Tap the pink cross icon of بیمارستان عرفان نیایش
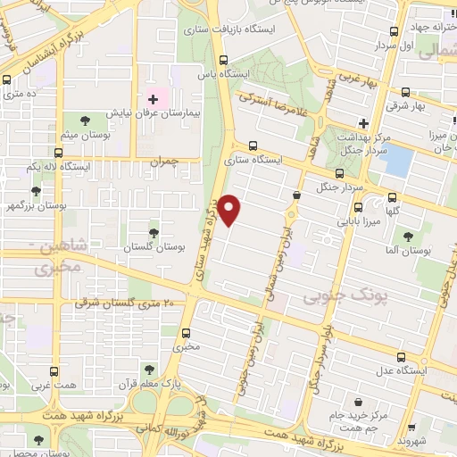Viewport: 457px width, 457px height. pos(153,98)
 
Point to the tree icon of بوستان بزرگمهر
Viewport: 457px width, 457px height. pos(36,190)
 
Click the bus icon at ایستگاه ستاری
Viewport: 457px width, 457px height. pos(253,145)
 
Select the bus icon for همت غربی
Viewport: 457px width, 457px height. pos(54,371)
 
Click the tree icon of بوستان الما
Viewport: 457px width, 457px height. pos(408,237)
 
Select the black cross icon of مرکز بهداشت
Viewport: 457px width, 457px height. pos(363,122)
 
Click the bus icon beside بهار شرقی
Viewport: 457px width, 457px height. pos(406,91)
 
